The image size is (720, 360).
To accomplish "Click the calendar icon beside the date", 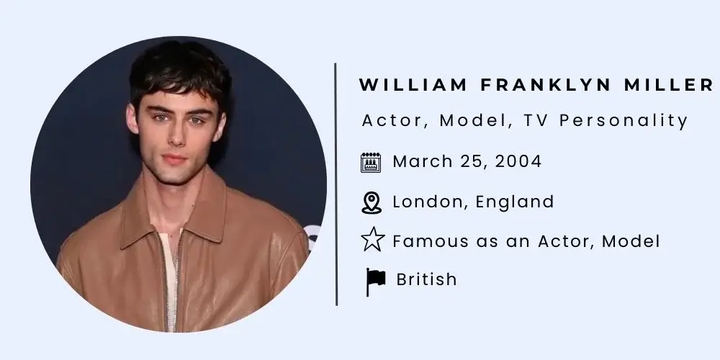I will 371,162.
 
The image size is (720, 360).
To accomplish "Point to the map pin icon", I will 371,202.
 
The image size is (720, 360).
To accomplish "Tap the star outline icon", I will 372,240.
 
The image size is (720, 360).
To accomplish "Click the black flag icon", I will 375,281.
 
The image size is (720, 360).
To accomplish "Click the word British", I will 426,279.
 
